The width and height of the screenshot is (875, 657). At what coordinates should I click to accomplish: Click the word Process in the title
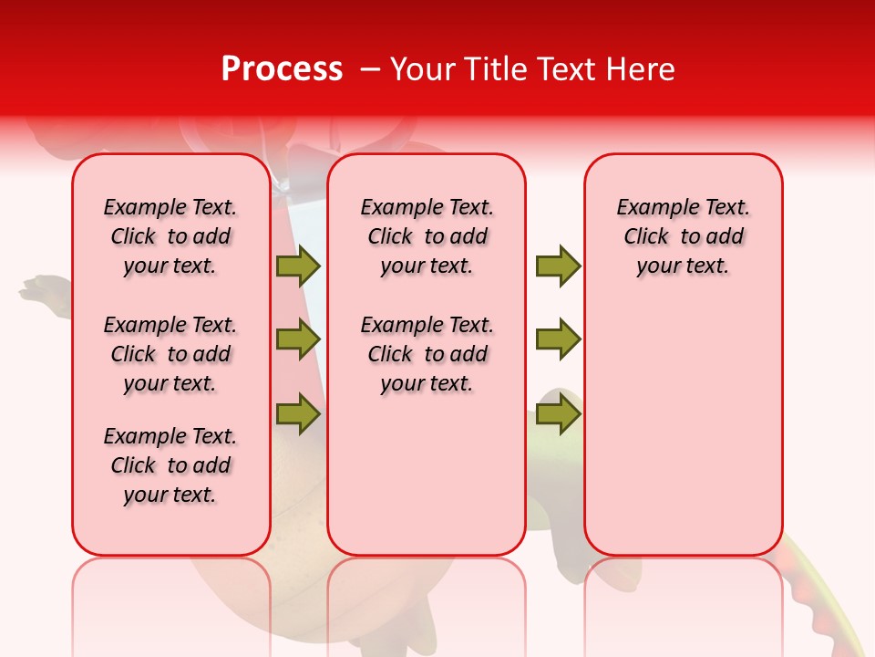[282, 68]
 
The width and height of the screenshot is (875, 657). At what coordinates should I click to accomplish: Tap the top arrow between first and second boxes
[297, 266]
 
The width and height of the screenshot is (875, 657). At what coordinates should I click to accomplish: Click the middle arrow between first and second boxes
[297, 339]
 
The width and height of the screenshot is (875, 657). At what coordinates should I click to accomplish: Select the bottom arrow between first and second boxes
[297, 413]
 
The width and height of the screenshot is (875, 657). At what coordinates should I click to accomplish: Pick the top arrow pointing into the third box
[558, 266]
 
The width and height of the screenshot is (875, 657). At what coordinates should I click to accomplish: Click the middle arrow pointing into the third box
[558, 339]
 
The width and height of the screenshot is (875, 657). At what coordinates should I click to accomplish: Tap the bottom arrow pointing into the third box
[558, 413]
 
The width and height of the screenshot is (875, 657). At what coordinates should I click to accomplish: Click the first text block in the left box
[170, 236]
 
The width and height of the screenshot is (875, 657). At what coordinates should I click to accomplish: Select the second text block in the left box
[170, 354]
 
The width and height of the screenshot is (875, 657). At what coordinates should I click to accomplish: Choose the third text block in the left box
[170, 465]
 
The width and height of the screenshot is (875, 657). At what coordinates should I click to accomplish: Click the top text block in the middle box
[427, 236]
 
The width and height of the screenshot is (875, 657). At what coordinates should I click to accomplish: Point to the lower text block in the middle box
[427, 354]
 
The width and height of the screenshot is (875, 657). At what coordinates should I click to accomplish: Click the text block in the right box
[683, 236]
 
